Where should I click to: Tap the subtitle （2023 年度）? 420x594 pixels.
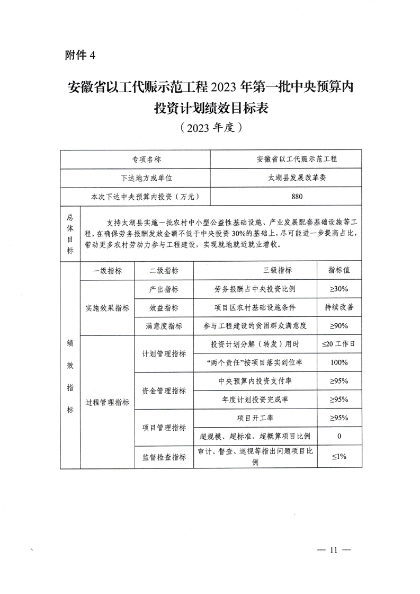[x=210, y=128]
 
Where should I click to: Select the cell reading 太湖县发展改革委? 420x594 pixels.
[x=297, y=178]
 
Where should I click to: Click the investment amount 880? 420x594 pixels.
[x=297, y=197]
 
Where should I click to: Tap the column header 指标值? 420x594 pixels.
[x=339, y=270]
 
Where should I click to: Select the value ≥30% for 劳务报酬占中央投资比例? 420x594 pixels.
[x=339, y=289]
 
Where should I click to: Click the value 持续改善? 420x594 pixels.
[x=339, y=307]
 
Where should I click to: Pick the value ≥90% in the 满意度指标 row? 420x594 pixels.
[x=339, y=326]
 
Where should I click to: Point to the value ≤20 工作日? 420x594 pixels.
[x=339, y=344]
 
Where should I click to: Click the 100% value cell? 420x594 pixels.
[x=339, y=362]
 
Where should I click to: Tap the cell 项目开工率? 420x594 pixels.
[x=255, y=418]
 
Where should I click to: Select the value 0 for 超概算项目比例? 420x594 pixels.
[x=339, y=437]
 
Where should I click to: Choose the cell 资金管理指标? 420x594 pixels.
[x=164, y=391]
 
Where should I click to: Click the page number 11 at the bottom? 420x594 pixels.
[x=333, y=549]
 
